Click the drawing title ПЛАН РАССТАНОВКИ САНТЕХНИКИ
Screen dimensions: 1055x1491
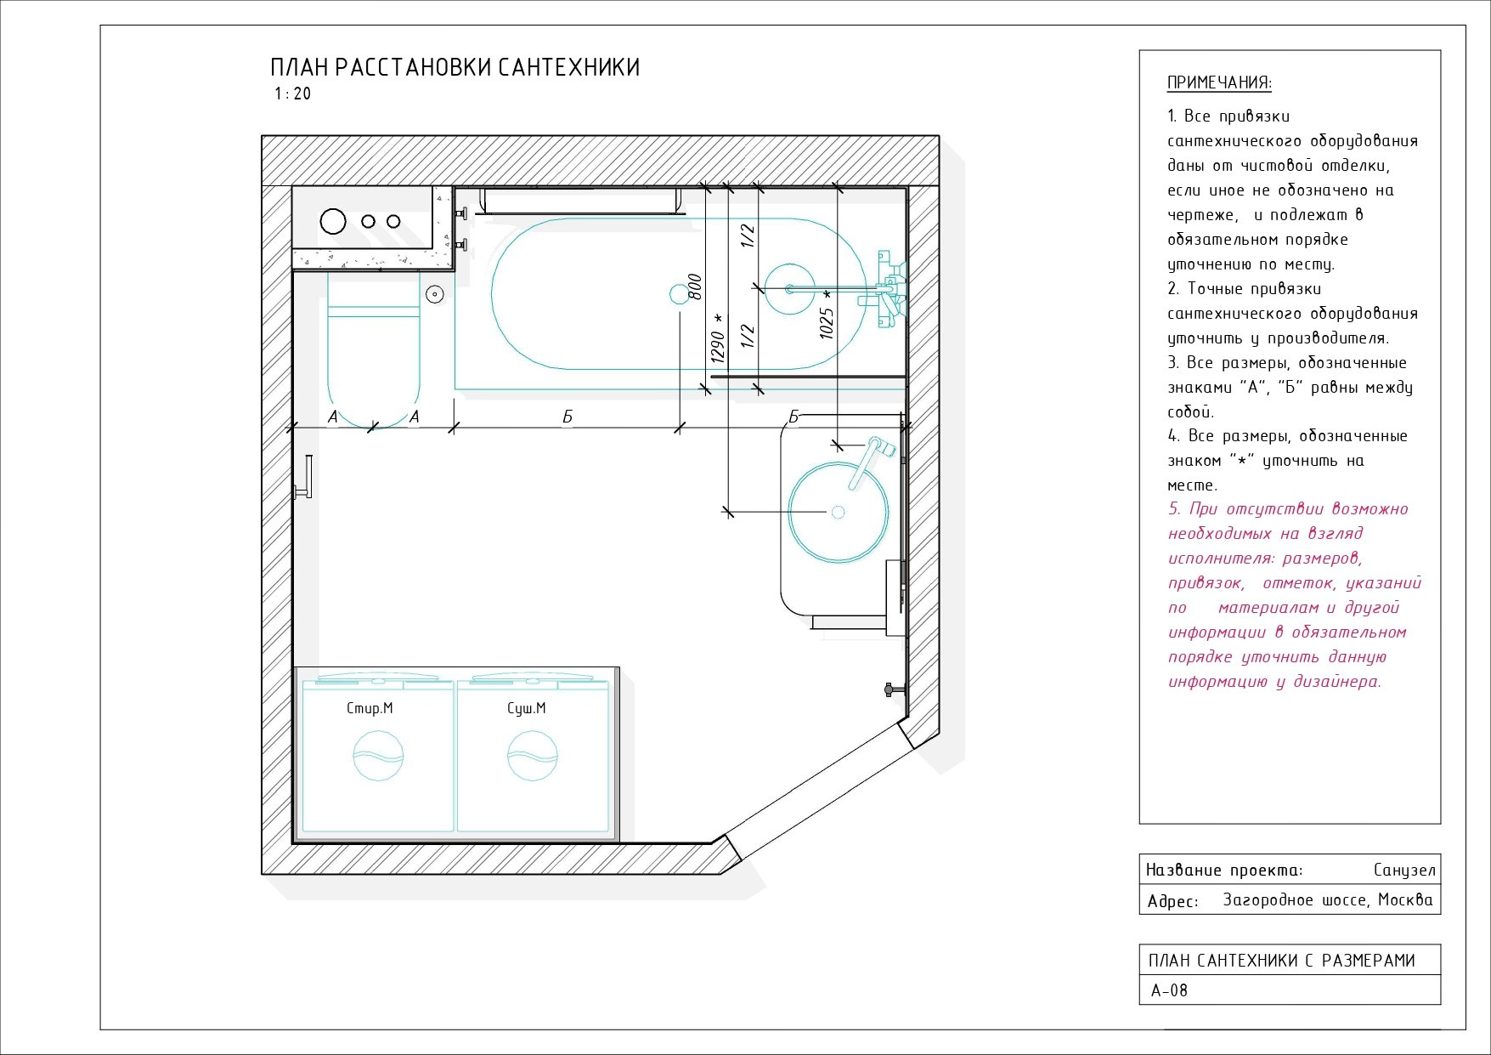pos(455,68)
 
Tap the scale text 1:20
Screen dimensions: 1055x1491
pos(293,94)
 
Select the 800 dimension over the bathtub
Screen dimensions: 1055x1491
pos(695,286)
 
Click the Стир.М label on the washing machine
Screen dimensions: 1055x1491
pos(370,708)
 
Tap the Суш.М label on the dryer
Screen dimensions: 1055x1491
pos(526,708)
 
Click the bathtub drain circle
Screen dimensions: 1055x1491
pos(679,294)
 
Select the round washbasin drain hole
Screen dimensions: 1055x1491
pos(838,512)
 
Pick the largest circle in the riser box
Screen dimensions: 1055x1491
pos(333,221)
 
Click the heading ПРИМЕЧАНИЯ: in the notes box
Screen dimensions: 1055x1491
pos(1219,82)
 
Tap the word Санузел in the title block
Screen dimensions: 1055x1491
pos(1403,870)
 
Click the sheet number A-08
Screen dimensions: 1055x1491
pos(1169,990)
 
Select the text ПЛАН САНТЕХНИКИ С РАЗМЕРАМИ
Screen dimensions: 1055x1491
pos(1281,961)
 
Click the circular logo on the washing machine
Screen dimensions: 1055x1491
pos(378,756)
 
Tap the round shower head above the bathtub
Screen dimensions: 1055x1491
pos(790,289)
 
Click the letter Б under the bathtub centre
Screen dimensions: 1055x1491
pos(568,417)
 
